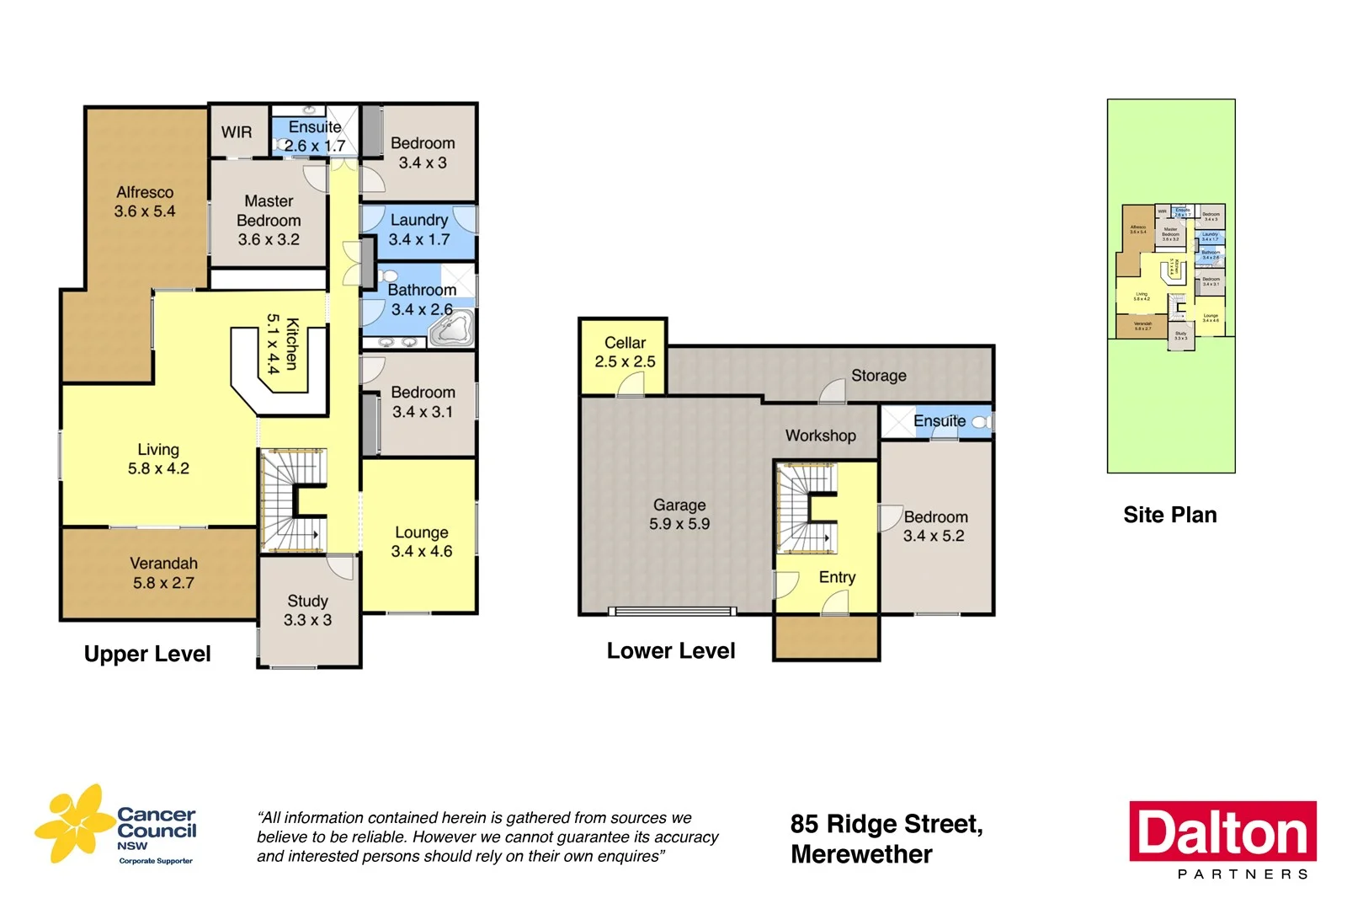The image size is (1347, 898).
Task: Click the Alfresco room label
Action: click(145, 202)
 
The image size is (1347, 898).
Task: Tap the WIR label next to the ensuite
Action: click(237, 132)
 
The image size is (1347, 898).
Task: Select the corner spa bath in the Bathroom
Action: click(452, 329)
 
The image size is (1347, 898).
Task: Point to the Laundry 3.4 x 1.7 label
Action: click(418, 230)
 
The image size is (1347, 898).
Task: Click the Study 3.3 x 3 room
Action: click(308, 611)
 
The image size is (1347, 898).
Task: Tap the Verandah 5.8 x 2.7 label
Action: click(163, 573)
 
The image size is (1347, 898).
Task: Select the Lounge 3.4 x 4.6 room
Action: click(421, 542)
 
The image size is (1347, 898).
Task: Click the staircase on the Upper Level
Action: click(292, 500)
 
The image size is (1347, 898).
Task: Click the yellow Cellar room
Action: click(625, 352)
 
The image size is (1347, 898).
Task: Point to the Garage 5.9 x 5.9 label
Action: click(679, 514)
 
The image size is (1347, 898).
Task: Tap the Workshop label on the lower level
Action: click(821, 436)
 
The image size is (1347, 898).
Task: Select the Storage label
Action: click(879, 376)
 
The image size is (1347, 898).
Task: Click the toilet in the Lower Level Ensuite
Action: click(981, 421)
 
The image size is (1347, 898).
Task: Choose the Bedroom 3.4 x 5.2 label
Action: click(935, 527)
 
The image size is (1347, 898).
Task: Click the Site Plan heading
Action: click(1169, 515)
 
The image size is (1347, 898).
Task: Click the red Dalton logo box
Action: click(1222, 831)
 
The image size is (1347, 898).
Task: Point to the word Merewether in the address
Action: click(861, 854)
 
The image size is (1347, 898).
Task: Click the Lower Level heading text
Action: click(671, 651)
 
